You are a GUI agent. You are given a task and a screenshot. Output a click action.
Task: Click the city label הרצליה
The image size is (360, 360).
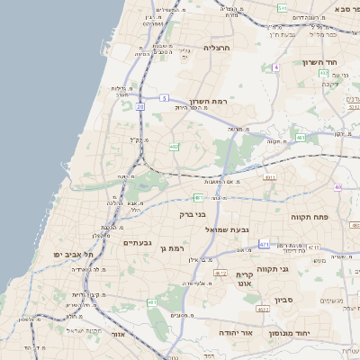click(x=218, y=47)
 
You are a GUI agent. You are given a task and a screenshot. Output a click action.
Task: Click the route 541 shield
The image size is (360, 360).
click(x=283, y=7)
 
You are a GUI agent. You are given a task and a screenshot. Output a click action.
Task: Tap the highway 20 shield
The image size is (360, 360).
click(x=140, y=107)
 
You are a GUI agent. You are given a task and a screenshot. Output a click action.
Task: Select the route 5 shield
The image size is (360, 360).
click(x=164, y=96)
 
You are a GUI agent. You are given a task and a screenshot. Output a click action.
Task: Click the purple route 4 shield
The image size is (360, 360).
click(x=276, y=67)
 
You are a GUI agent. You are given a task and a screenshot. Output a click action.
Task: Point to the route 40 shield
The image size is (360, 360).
click(x=337, y=187)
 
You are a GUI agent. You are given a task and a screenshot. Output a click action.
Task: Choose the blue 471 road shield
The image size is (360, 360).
click(x=265, y=244)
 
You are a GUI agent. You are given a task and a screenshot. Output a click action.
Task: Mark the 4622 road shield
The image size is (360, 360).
click(x=264, y=310)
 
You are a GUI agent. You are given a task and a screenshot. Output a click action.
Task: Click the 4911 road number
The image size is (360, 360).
click(x=270, y=178)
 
